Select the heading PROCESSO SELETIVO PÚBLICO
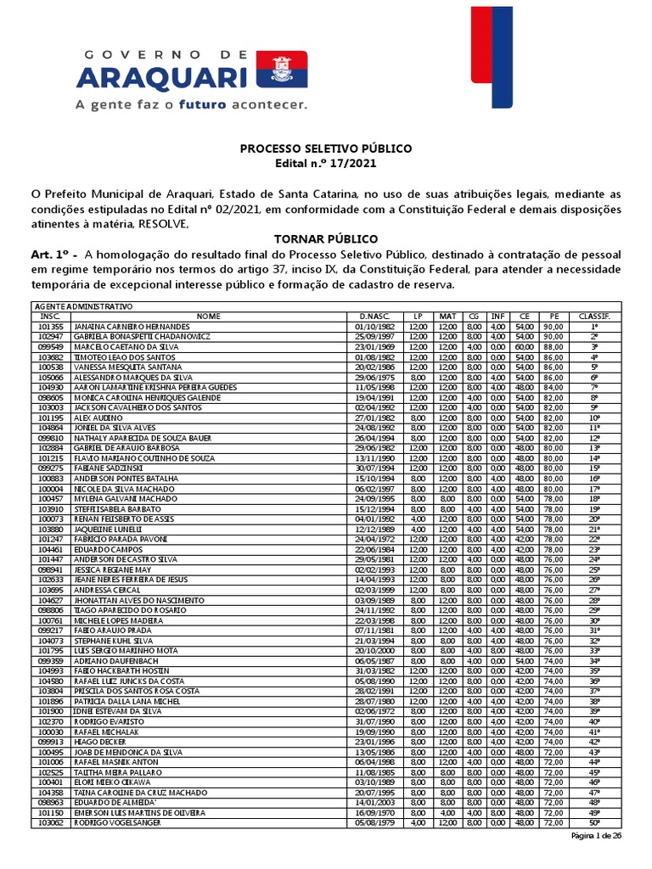click(325, 149)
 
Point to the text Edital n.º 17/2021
click(325, 164)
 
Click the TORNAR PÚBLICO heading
click(325, 238)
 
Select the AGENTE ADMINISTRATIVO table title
click(82, 306)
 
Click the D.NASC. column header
click(374, 316)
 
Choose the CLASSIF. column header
click(594, 316)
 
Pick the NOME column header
click(209, 316)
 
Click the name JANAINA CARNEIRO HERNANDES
click(132, 326)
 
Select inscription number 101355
click(51, 326)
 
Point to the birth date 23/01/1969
click(374, 346)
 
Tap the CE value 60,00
click(525, 346)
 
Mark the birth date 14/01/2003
click(374, 802)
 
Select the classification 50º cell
click(594, 822)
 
